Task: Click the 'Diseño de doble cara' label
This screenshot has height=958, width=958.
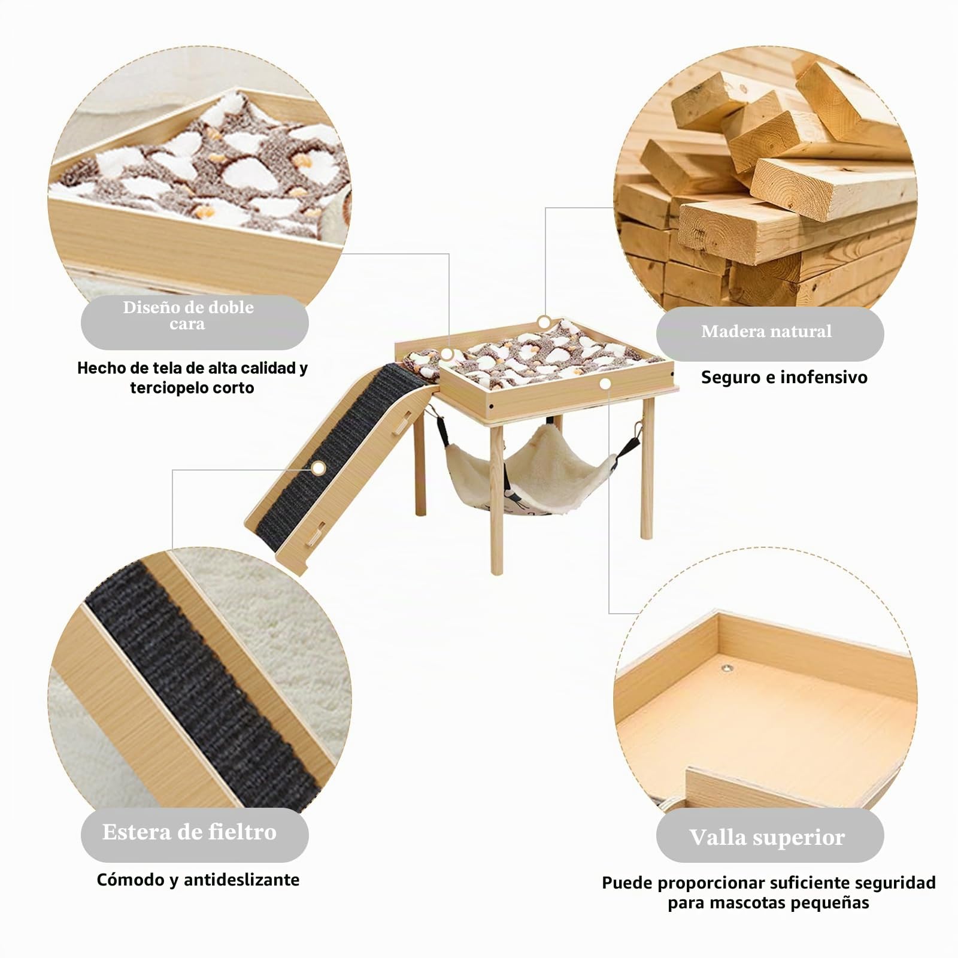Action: [189, 316]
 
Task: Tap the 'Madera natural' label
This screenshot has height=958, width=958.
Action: [766, 331]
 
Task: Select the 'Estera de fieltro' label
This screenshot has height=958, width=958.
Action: [189, 832]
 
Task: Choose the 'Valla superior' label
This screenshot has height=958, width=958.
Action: [767, 837]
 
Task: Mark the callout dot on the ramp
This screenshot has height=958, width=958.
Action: [319, 468]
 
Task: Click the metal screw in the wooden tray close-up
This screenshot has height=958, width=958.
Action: [728, 666]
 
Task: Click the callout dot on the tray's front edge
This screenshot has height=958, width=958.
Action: [605, 383]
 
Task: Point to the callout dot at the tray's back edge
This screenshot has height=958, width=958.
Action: [544, 322]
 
